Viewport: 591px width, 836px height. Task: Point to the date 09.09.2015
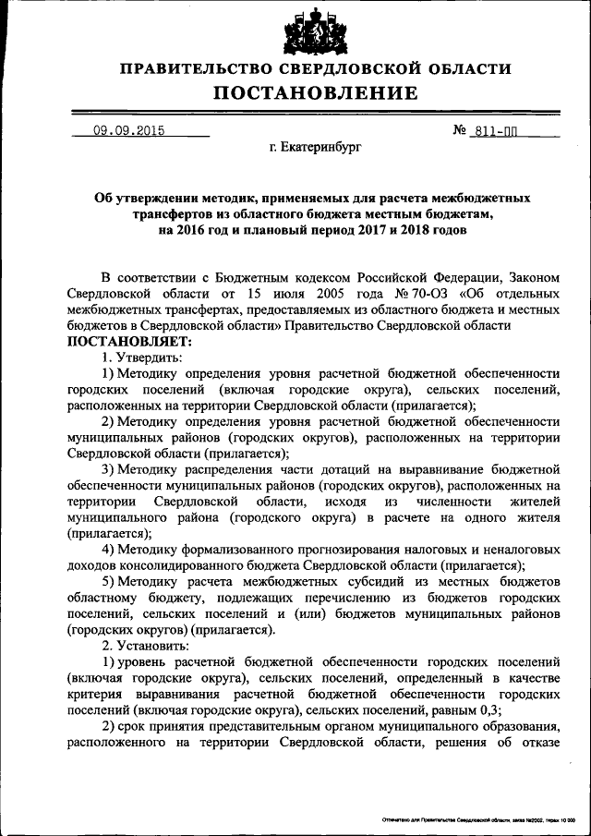pos(128,131)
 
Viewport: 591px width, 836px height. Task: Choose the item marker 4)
pos(110,550)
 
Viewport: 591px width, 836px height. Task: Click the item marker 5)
pos(110,581)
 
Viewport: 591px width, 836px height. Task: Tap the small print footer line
pos(478,820)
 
